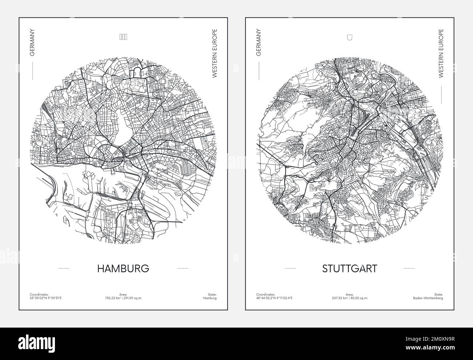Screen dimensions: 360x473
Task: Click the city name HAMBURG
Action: click(x=123, y=269)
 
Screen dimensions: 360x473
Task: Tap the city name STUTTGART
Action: click(x=350, y=269)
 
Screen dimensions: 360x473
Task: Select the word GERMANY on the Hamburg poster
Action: click(x=32, y=43)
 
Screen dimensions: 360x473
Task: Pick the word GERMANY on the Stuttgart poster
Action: click(x=259, y=43)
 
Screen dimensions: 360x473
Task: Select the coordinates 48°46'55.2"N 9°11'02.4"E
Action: click(x=274, y=298)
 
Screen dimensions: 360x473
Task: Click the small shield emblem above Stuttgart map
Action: click(x=350, y=36)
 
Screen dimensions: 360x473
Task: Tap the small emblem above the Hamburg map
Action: click(x=123, y=36)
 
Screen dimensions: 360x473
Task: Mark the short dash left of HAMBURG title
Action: click(x=64, y=269)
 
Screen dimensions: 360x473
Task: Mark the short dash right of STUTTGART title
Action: click(x=409, y=269)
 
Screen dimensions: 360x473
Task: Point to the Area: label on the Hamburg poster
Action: click(x=123, y=294)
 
